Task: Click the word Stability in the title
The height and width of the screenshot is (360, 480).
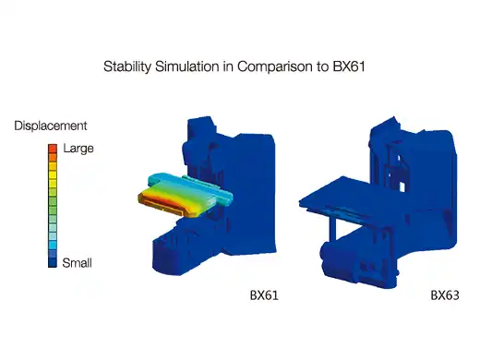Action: pos(127,66)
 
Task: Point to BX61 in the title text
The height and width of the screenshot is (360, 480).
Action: pos(349,66)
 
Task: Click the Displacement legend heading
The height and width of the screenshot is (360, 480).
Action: pos(51,126)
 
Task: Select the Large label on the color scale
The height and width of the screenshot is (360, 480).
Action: pos(78,149)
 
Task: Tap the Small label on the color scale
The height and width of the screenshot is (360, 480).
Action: pos(77,263)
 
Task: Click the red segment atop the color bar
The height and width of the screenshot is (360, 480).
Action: pos(53,149)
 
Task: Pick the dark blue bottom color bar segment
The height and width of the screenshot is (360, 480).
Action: pos(53,262)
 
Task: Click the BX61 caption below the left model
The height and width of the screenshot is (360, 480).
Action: pos(264,295)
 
